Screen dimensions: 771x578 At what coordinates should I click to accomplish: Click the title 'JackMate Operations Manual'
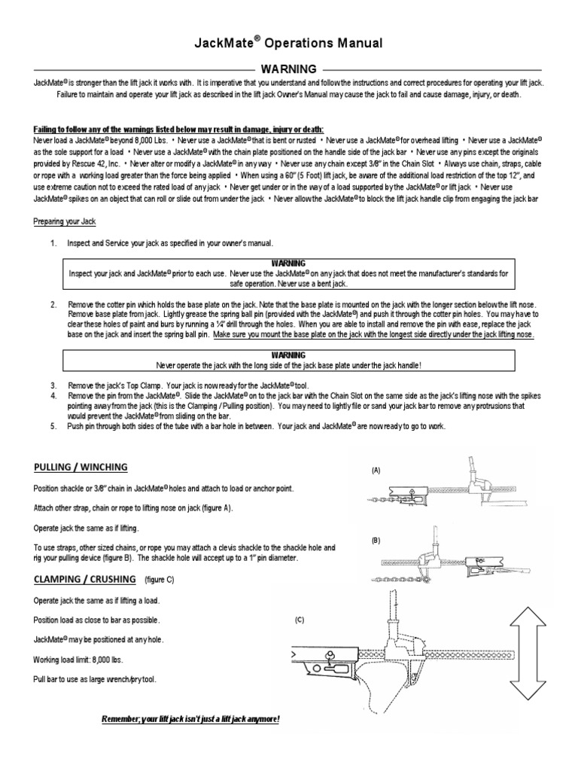click(288, 44)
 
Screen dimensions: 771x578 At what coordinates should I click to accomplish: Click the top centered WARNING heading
click(288, 69)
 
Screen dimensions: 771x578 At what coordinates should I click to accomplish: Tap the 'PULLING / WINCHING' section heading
click(81, 467)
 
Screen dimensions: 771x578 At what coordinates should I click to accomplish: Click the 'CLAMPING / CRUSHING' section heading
click(85, 579)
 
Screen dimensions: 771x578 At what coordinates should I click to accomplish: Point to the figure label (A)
click(376, 470)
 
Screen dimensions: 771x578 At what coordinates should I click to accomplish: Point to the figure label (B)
click(376, 541)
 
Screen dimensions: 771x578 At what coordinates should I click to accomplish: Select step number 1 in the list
click(53, 244)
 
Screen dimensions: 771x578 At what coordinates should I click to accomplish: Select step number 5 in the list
click(53, 426)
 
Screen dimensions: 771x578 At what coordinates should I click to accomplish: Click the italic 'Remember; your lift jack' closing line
click(190, 719)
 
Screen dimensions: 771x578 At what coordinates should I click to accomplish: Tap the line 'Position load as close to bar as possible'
click(97, 620)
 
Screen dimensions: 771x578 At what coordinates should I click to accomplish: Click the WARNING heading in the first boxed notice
click(288, 264)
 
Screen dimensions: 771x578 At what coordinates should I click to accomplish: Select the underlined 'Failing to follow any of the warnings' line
click(179, 129)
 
